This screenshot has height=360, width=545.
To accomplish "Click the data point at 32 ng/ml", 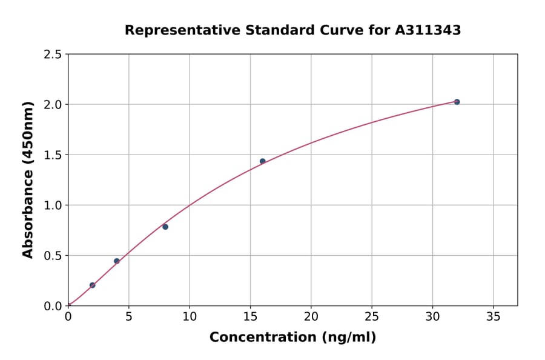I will click(457, 102).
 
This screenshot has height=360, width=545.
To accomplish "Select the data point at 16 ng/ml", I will click(262, 161).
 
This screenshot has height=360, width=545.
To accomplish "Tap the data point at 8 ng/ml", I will click(165, 227).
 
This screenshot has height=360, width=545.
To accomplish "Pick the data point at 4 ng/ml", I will click(117, 261).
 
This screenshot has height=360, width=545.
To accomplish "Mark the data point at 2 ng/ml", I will click(92, 285).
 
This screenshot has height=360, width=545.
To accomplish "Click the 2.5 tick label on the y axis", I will click(53, 55).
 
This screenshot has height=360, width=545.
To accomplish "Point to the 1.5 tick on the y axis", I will click(53, 155).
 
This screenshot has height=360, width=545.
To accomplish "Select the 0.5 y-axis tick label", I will click(53, 256).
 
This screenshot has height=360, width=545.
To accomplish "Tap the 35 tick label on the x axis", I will click(493, 317).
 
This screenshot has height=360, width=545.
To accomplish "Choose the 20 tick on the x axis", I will click(311, 317).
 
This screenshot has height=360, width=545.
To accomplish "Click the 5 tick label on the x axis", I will click(128, 317).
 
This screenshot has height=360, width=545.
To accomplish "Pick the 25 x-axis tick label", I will click(371, 317).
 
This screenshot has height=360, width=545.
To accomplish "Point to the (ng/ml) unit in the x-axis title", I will click(348, 338).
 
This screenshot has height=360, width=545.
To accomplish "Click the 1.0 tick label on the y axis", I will click(53, 205).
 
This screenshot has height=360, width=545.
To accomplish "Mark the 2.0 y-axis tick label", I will click(53, 105).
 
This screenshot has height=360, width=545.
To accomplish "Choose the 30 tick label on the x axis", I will click(432, 317).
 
